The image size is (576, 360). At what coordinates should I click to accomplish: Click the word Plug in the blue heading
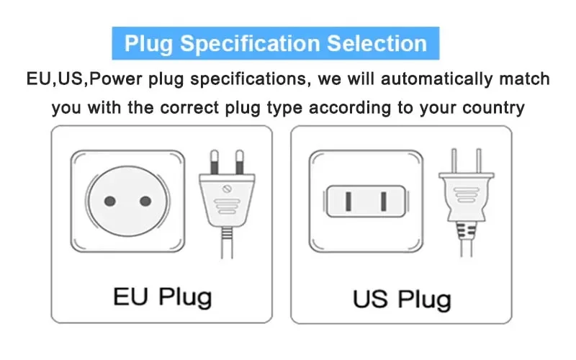tap(148, 45)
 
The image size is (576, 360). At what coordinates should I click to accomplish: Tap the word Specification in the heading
tap(250, 45)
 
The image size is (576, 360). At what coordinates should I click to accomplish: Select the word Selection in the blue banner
tap(377, 43)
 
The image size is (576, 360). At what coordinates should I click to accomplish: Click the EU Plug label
tap(163, 297)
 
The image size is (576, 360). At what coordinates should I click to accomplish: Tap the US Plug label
tap(402, 300)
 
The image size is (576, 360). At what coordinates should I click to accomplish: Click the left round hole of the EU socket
tap(110, 202)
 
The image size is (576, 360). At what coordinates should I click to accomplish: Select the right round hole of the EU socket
tap(145, 202)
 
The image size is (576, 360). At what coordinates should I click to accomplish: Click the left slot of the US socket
tap(348, 202)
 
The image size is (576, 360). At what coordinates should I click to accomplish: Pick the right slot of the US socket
tap(384, 202)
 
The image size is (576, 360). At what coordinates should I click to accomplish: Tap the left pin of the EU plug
tap(215, 162)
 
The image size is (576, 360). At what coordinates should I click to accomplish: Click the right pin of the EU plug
tap(240, 162)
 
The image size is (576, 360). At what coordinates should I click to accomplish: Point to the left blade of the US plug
tap(454, 161)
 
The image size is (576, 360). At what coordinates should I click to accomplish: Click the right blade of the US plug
tap(479, 161)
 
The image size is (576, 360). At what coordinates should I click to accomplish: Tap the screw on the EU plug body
tap(227, 189)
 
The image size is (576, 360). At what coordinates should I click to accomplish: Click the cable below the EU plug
tap(227, 243)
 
